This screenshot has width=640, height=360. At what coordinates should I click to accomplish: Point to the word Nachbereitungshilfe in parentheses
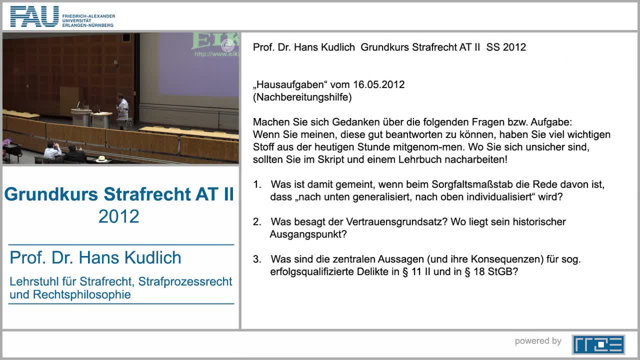pyautogui.click(x=302, y=97)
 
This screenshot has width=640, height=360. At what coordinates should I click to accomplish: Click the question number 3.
pyautogui.click(x=257, y=259)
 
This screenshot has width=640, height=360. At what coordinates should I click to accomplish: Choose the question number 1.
pyautogui.click(x=257, y=184)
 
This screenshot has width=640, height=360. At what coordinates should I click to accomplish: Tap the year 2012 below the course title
pyautogui.click(x=119, y=216)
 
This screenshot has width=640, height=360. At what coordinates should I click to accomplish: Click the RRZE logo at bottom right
pyautogui.click(x=598, y=344)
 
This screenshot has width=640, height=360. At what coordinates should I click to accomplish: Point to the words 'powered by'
pyautogui.click(x=538, y=341)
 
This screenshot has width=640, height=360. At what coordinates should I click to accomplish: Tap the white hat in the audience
pyautogui.click(x=102, y=159)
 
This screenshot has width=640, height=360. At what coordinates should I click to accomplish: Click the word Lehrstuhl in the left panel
pyautogui.click(x=32, y=281)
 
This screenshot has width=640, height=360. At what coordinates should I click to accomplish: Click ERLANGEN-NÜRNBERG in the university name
pyautogui.click(x=88, y=25)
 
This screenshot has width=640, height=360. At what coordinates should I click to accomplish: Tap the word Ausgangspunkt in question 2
pyautogui.click(x=308, y=234)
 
